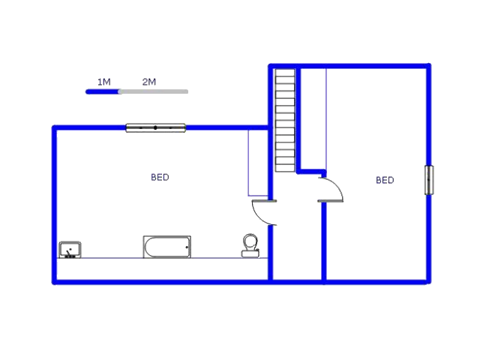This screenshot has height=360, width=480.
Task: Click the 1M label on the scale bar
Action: click(104, 82)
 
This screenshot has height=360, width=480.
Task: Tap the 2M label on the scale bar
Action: click(149, 82)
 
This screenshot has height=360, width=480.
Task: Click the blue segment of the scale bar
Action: click(103, 91)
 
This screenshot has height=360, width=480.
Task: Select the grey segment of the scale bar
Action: click(154, 91)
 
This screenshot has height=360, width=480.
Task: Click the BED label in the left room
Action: click(160, 178)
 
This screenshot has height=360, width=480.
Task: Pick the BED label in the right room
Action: click(385, 180)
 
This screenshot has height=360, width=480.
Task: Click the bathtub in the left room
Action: click(166, 247)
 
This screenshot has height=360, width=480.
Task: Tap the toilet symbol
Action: click(250, 245)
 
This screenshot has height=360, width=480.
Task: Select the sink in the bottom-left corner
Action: click(70, 250)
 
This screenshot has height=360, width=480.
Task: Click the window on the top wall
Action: click(155, 127)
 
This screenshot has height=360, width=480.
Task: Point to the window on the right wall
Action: click(429, 180)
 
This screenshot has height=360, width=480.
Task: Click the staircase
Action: click(285, 120)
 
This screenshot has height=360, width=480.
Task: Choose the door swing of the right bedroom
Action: click(333, 189)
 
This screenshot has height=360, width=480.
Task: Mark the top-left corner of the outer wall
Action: click(55, 128)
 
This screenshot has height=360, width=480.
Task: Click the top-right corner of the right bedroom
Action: click(428, 67)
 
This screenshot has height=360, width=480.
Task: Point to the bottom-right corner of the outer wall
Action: click(428, 282)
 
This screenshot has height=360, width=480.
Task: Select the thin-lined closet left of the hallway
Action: click(258, 163)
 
